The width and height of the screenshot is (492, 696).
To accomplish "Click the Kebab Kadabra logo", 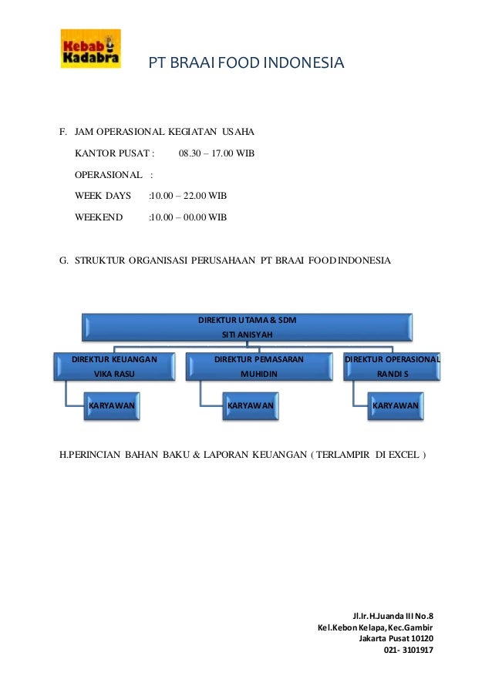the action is coord(90,49).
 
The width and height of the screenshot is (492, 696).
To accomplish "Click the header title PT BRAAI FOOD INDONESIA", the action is coord(246,62).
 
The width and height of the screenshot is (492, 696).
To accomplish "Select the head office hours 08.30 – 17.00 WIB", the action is coord(216,153).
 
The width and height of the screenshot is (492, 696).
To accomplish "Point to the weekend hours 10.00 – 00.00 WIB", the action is coord(189,217).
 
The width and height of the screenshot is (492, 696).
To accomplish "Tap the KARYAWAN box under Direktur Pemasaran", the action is coord(250,405).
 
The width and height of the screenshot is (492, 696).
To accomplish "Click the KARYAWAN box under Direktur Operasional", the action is coord(395,405).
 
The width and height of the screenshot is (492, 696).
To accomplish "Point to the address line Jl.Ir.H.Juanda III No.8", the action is coord(393,616).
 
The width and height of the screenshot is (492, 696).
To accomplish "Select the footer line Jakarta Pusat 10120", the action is coord(396,638).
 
